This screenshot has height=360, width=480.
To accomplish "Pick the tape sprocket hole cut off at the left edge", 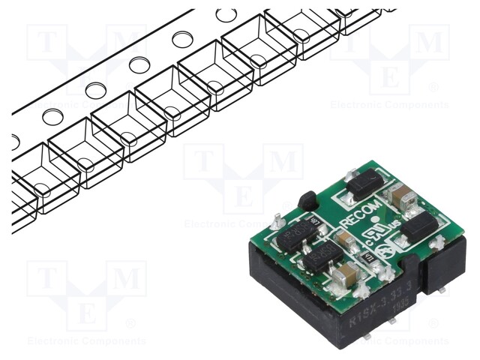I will [x=15, y=140].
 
